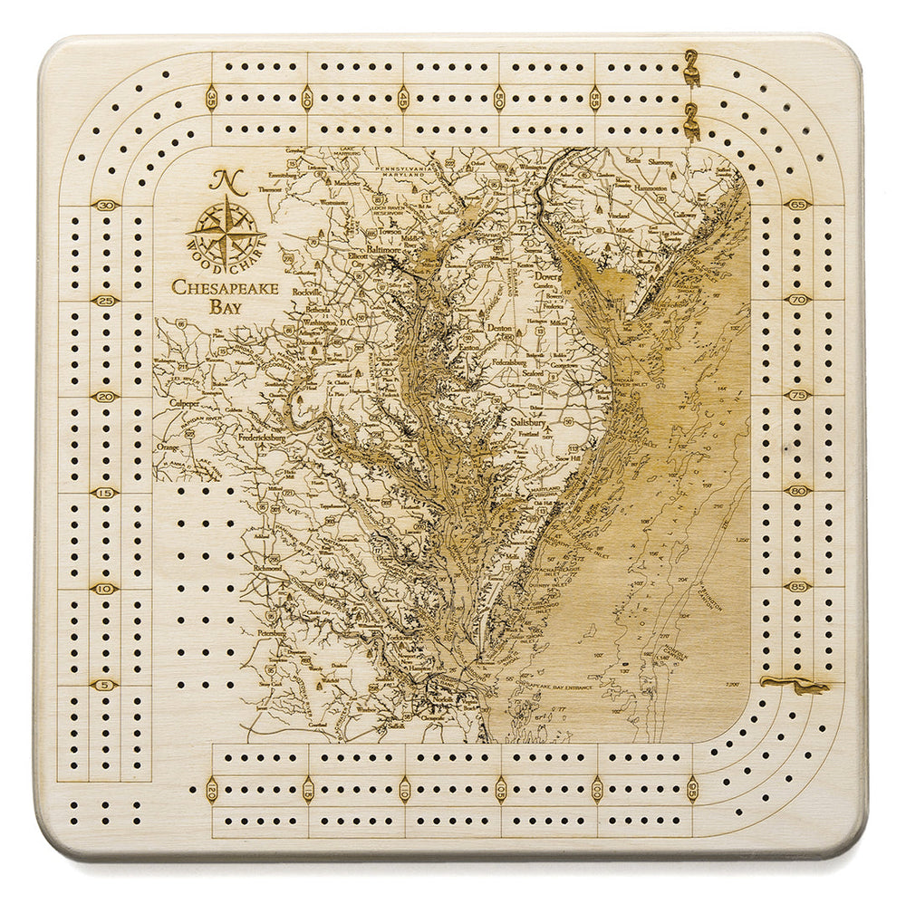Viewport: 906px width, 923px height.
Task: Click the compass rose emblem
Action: pyautogui.click(x=226, y=231)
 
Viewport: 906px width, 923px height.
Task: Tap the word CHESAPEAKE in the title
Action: pyautogui.click(x=225, y=288)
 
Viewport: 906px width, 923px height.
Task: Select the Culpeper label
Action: pyautogui.click(x=188, y=401)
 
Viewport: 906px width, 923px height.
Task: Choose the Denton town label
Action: pyautogui.click(x=500, y=327)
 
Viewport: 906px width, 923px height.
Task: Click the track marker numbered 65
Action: pyautogui.click(x=798, y=205)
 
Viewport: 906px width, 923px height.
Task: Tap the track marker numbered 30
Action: pyautogui.click(x=107, y=205)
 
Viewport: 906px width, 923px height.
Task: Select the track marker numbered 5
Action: pyautogui.click(x=105, y=685)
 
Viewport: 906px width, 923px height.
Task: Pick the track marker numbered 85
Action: pyautogui.click(x=798, y=587)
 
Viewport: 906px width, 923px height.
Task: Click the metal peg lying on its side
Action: pyautogui.click(x=795, y=685)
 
